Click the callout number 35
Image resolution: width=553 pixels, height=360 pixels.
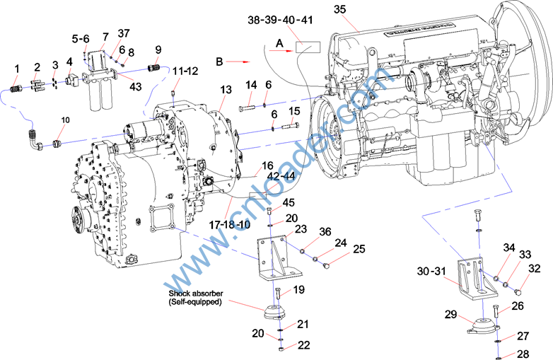pos(340,10)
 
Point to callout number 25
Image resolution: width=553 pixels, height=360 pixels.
pos(359,249)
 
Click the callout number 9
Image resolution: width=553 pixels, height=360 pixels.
pos(158,50)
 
